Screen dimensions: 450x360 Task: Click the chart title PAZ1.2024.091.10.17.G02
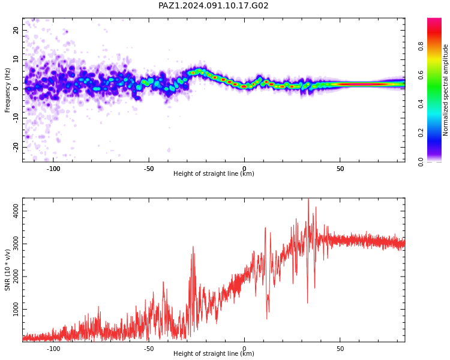click(213, 5)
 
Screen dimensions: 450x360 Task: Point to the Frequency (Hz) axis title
click(7, 90)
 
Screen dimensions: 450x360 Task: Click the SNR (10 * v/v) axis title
click(7, 270)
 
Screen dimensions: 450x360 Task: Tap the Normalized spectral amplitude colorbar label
click(445, 90)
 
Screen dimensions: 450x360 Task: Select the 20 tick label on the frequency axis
click(16, 30)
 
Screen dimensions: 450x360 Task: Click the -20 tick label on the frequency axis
click(16, 148)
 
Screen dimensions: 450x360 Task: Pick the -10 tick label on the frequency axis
click(16, 118)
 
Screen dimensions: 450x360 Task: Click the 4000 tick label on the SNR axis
click(16, 211)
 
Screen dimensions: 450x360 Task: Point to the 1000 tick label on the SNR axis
click(16, 309)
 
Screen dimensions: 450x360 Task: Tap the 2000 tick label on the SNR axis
click(16, 277)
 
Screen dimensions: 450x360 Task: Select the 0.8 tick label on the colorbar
click(421, 46)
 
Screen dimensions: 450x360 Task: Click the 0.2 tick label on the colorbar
click(421, 133)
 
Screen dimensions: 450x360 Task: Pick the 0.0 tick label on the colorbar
click(421, 162)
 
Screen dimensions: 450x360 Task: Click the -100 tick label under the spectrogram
click(53, 169)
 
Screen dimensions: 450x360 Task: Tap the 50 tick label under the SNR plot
click(340, 349)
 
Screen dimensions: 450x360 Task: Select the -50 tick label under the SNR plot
click(149, 349)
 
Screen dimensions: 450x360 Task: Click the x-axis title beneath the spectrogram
click(214, 173)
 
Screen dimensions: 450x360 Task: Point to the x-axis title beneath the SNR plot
click(214, 353)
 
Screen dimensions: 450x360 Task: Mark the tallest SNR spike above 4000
click(308, 199)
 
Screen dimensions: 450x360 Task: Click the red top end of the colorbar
click(434, 19)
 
